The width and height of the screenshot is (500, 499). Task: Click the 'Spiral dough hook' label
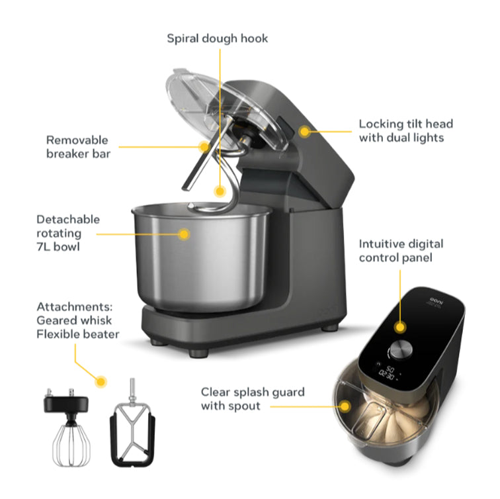pyautogui.click(x=218, y=38)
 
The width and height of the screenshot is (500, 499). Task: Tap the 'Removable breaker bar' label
pyautogui.click(x=77, y=147)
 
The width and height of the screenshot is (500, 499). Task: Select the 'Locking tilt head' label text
pyautogui.click(x=405, y=124)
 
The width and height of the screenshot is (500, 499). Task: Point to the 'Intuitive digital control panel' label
pyautogui.click(x=401, y=251)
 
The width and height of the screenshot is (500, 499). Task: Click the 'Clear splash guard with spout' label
pyautogui.click(x=253, y=398)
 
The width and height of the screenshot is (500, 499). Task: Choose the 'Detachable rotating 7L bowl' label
pyautogui.click(x=68, y=233)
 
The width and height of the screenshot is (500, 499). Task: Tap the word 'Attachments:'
pyautogui.click(x=75, y=307)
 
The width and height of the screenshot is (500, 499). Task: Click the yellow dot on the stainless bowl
pyautogui.click(x=185, y=233)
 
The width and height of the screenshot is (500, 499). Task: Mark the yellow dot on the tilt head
pyautogui.click(x=304, y=131)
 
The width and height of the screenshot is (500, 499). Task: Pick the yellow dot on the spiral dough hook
pyautogui.click(x=220, y=191)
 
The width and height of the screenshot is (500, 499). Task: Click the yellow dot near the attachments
pyautogui.click(x=101, y=381)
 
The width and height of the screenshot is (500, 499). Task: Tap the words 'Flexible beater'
pyautogui.click(x=78, y=334)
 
